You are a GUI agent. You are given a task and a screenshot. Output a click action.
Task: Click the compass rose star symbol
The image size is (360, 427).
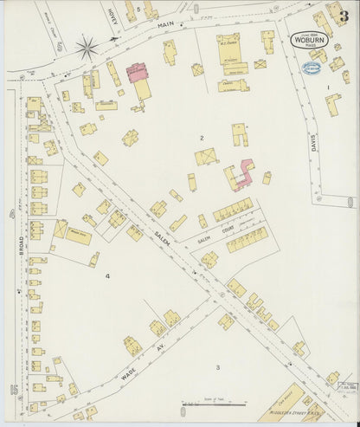(x=87, y=48)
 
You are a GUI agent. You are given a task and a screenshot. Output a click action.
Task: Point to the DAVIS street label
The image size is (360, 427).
(x=313, y=142)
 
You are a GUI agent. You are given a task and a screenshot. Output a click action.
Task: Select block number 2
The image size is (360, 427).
(x=202, y=138)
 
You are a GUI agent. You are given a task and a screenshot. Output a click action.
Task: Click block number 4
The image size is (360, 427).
(x=107, y=275)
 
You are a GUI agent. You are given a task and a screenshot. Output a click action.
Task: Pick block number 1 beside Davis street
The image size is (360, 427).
(x=328, y=87)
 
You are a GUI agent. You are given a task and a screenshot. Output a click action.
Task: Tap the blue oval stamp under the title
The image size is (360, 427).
(x=310, y=66)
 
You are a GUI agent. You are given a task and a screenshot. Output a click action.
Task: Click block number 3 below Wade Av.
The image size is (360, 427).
(x=217, y=368)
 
